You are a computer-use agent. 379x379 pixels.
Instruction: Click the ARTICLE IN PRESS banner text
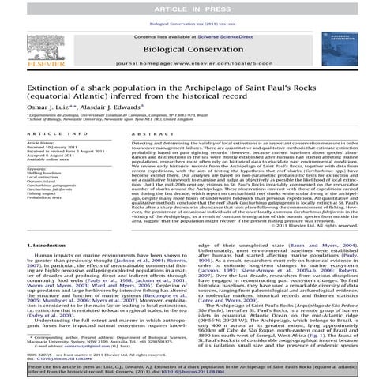pos(189,7)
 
